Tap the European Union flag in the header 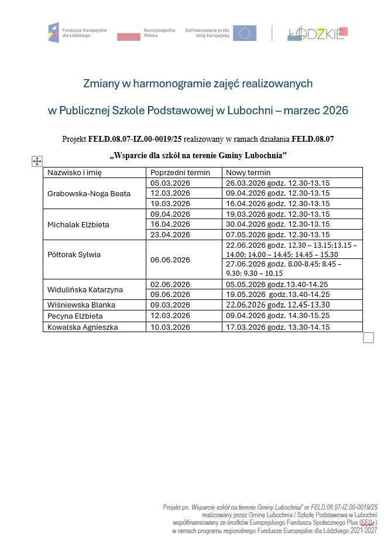244,33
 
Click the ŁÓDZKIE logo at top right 318,33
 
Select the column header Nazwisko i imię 74,173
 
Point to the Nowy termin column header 248,173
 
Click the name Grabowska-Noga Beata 89,194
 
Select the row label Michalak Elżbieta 78,225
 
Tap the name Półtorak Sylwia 74,255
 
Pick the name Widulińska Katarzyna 85,290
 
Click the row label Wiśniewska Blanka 81,305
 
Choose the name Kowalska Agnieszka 83,327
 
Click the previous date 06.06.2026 170,260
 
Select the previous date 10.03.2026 170,327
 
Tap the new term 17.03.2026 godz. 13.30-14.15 277,327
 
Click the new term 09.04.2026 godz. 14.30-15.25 277,316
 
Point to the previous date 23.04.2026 170,235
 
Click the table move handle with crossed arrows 37,162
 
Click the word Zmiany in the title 100,84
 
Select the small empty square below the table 368,337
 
